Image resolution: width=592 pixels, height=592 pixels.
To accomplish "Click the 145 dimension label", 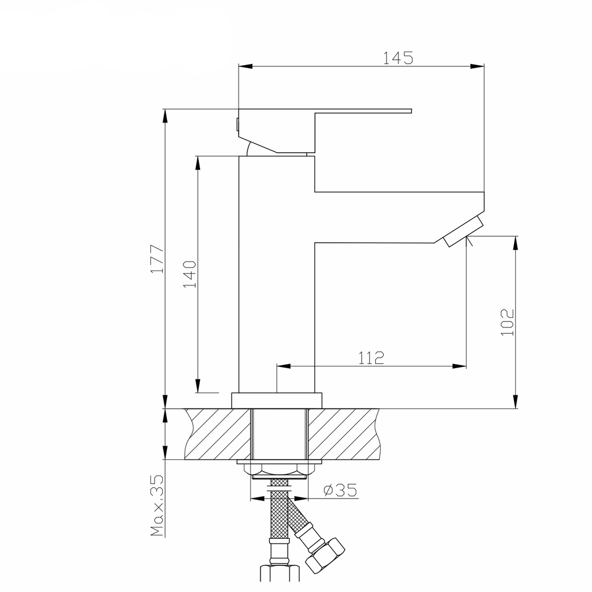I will coord(397,57).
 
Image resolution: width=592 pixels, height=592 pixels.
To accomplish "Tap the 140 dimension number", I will coord(189,273).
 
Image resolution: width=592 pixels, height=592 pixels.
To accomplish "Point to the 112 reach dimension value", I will coord(371,357).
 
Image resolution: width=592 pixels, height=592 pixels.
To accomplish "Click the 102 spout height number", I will coord(508,322).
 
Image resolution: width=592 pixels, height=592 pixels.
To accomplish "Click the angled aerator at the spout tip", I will coord(462,232).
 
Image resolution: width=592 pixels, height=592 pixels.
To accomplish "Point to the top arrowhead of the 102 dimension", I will coord(516,243).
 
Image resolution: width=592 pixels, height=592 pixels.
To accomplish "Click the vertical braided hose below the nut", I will coord(279,521).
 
